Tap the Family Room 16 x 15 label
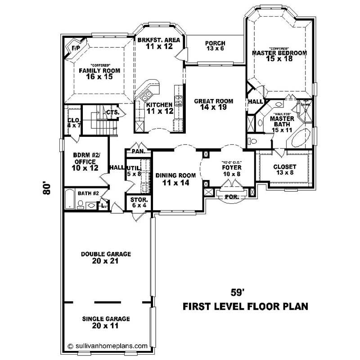(x=95, y=73)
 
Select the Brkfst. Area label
(x=159, y=43)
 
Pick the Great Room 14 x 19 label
(x=213, y=104)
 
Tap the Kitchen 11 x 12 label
(x=160, y=108)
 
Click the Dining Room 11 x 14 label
(x=175, y=179)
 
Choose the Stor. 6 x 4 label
(x=136, y=202)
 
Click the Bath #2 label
(x=88, y=193)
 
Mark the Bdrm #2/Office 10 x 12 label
(x=85, y=162)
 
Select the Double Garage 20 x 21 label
(x=106, y=257)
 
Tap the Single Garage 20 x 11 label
(x=106, y=322)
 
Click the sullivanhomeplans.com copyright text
(x=108, y=346)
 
